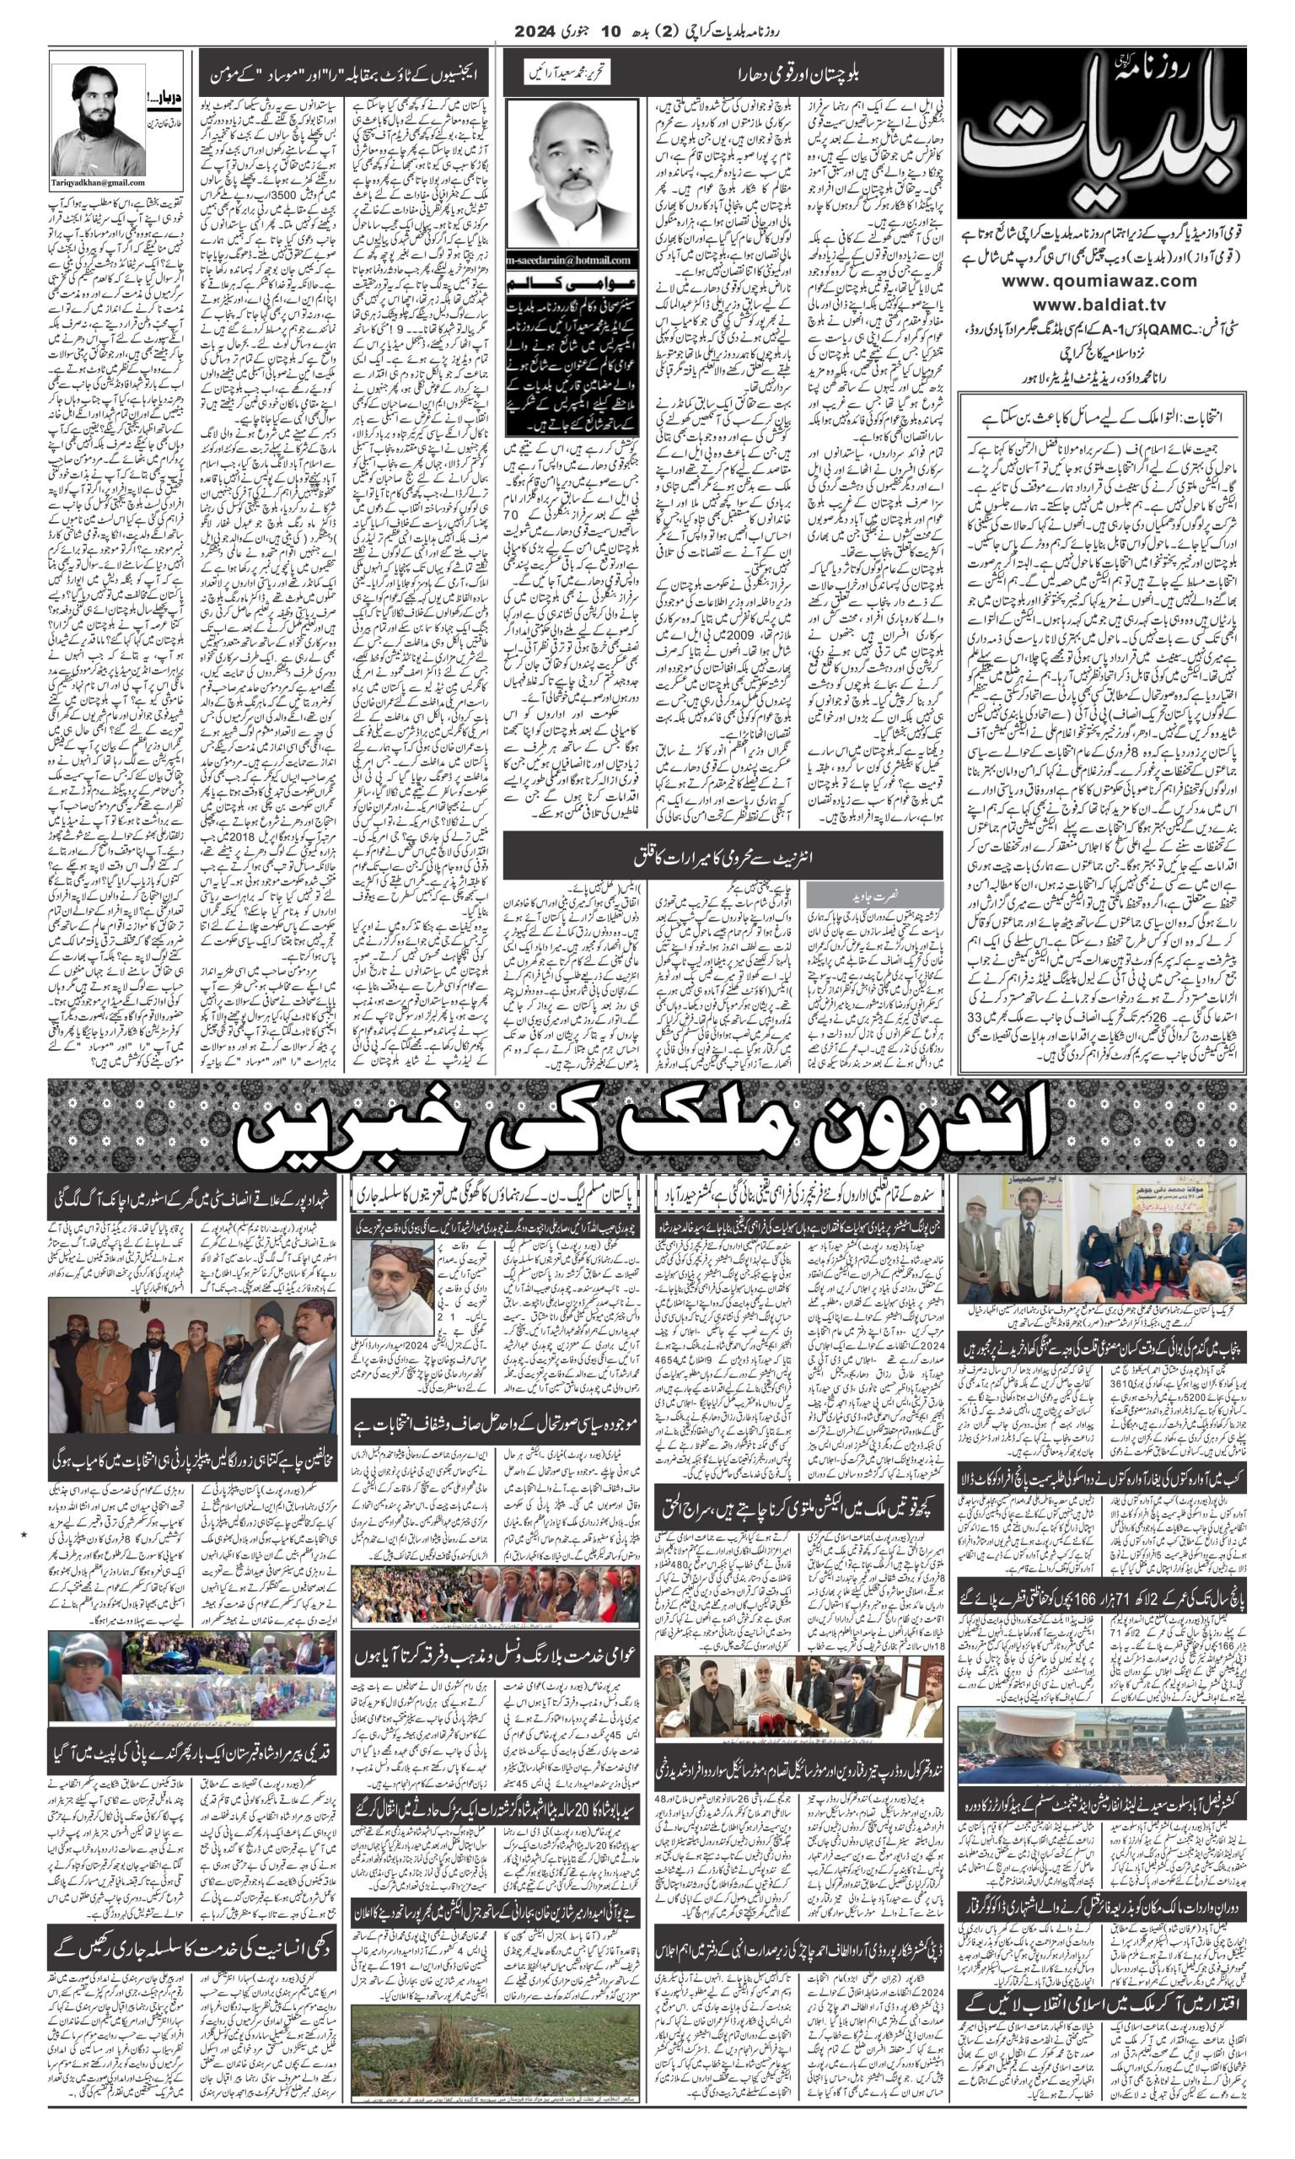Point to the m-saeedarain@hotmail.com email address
click(571, 260)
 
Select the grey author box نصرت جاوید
click(873, 896)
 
